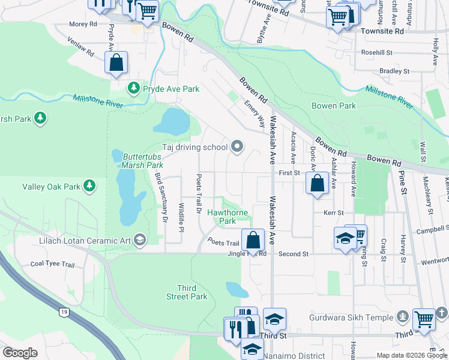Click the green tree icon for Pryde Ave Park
133,89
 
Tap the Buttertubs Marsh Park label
143,160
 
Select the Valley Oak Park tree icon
89,187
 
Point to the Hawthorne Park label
221,217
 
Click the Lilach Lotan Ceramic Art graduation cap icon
140,241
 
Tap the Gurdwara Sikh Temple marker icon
402,317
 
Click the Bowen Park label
334,106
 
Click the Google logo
20,352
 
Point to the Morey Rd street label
83,24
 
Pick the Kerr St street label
333,213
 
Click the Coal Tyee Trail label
52,264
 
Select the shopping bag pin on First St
317,182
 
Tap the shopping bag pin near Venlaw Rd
116,62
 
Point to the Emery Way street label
254,113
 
